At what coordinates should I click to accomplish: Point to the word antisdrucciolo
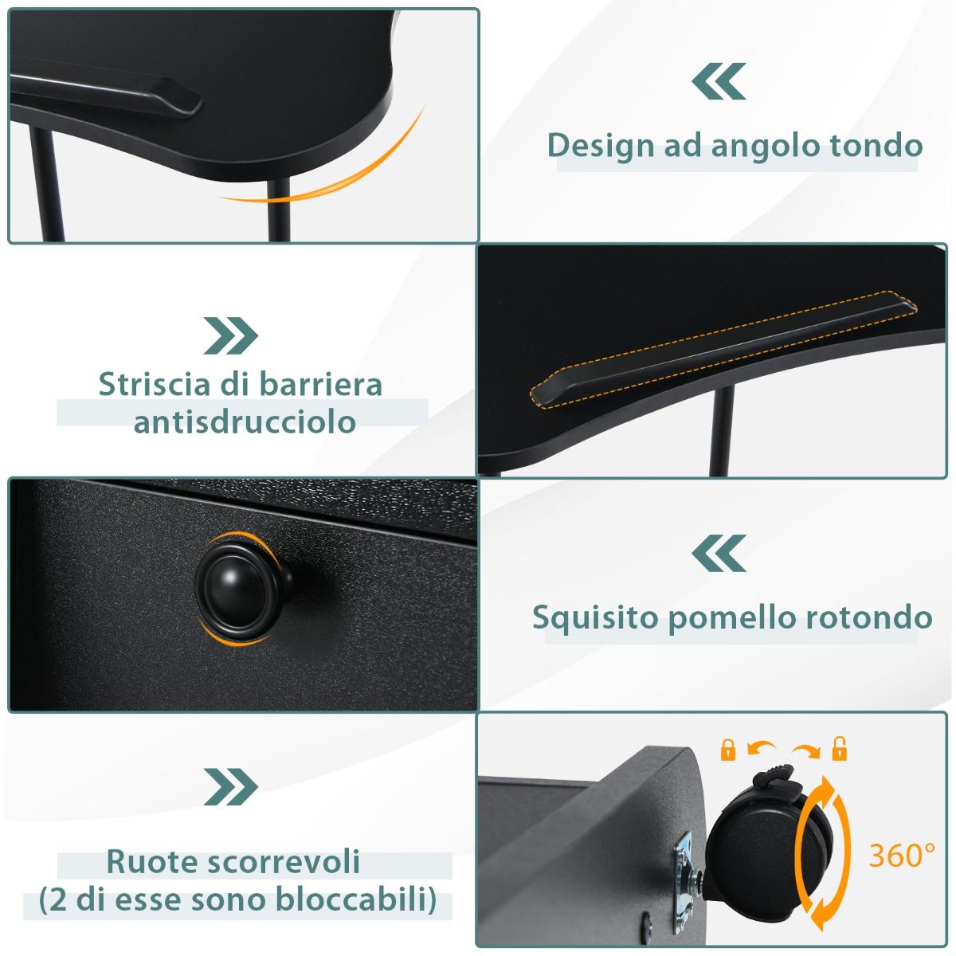tap(245, 422)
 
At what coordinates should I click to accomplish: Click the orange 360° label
tap(902, 855)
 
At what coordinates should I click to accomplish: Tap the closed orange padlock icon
tap(727, 750)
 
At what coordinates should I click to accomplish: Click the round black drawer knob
tap(241, 589)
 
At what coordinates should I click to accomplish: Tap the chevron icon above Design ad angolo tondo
tap(719, 81)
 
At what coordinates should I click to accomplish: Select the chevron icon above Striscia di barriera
tap(231, 335)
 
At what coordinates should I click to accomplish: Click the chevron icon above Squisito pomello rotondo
tap(719, 553)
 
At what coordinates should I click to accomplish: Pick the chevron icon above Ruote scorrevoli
tap(231, 787)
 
